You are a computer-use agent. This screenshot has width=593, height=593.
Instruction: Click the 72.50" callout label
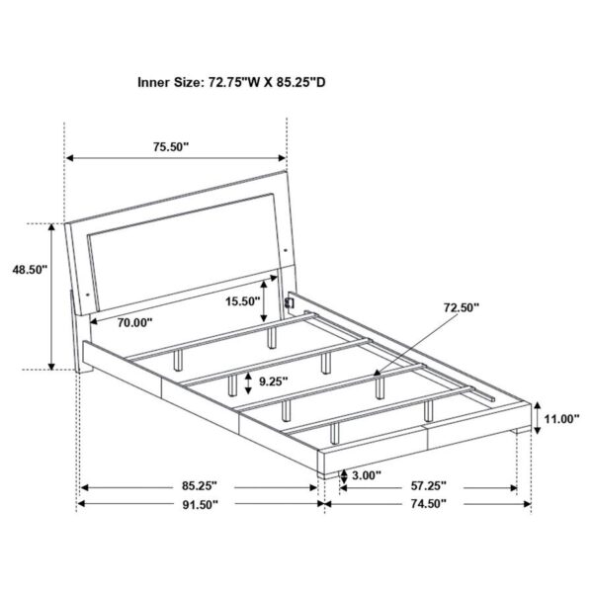[461, 308]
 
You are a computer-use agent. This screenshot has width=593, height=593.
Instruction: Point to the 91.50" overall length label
[198, 503]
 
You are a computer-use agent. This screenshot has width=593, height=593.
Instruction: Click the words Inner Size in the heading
[170, 83]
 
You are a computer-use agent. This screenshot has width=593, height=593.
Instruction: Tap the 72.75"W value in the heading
[236, 83]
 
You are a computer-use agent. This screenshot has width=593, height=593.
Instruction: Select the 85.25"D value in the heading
[300, 83]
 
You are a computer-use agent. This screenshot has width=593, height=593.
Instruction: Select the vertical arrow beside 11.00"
[535, 420]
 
